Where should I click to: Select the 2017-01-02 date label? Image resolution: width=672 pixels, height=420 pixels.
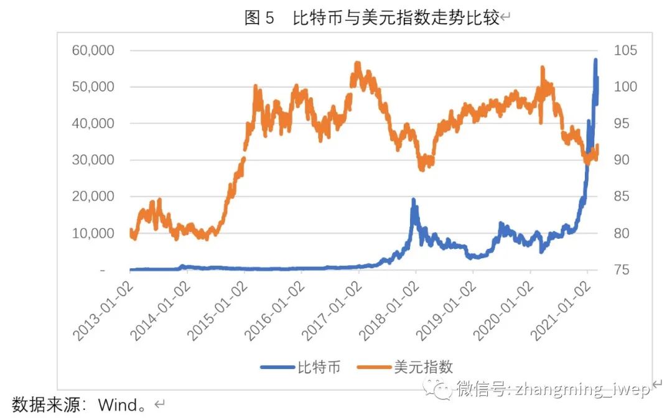332,310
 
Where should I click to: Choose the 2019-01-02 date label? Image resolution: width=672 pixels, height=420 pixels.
446,310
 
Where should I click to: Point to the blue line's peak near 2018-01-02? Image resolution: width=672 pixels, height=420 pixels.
413,200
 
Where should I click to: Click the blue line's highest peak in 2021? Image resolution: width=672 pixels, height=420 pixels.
595,60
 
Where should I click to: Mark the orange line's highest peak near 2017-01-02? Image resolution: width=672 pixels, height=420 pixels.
357,63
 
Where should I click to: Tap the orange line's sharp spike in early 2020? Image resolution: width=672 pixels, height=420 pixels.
543,67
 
